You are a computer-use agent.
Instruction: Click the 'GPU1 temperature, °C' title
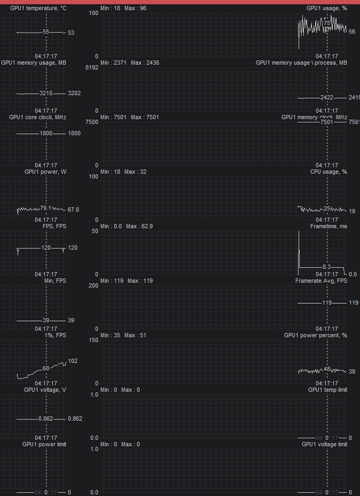[38, 9]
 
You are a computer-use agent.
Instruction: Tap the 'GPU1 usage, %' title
[326, 9]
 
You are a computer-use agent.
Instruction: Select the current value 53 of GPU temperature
[71, 33]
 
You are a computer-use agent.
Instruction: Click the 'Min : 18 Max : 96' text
[123, 9]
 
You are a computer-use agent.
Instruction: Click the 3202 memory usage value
[74, 93]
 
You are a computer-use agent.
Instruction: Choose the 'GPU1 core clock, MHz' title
[41, 118]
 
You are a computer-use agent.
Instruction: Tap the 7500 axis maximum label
[91, 122]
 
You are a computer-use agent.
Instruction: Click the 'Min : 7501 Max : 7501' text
[130, 118]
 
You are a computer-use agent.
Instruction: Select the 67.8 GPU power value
[73, 210]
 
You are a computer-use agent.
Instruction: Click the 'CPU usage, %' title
[328, 172]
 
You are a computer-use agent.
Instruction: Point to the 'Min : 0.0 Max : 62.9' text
[127, 227]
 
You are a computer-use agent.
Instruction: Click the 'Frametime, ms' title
[328, 227]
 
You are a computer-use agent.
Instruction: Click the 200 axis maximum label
[93, 286]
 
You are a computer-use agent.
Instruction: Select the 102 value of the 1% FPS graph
[73, 361]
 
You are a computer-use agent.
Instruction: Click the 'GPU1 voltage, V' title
[45, 390]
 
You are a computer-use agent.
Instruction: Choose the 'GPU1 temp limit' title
[327, 390]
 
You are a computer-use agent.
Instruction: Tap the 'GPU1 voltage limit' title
[324, 445]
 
